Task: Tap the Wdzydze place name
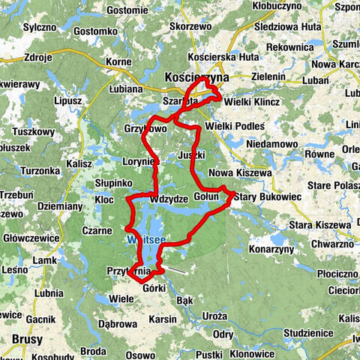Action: click(169, 200)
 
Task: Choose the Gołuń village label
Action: click(206, 196)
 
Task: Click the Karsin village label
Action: click(161, 319)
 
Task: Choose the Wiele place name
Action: click(121, 298)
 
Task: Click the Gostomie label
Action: click(127, 10)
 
